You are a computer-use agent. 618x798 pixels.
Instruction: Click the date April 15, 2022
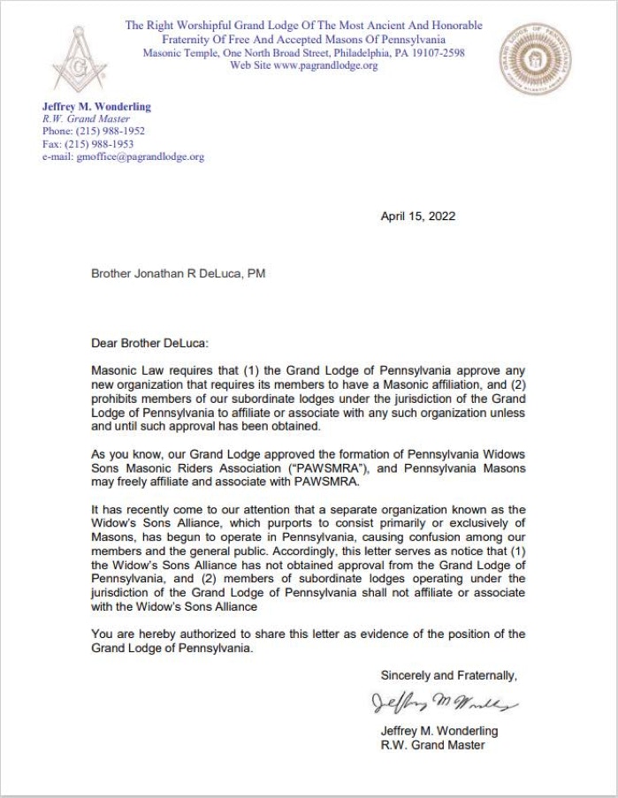(x=418, y=216)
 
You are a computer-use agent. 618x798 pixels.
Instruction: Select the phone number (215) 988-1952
(x=112, y=131)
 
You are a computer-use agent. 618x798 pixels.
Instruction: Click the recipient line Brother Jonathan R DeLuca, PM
(x=178, y=274)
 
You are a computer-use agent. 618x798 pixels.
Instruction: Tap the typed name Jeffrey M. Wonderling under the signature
(x=439, y=731)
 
